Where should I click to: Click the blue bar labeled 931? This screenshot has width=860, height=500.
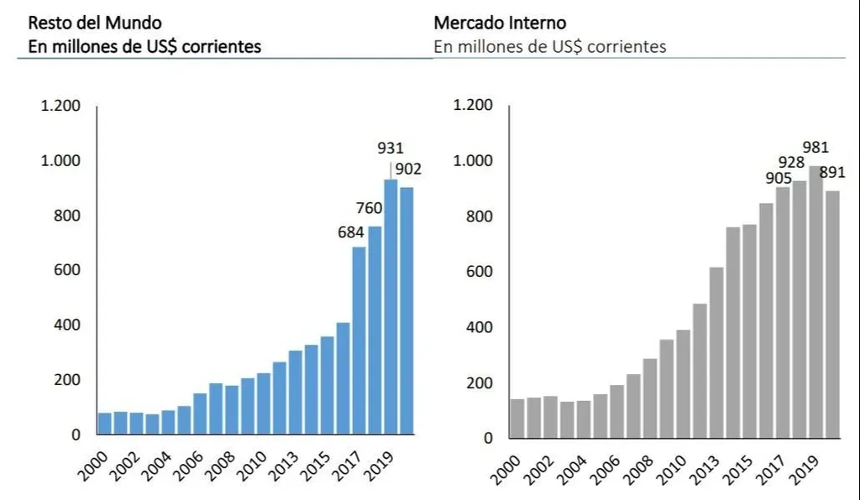click(x=391, y=307)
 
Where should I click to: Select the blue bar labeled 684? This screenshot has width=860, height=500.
click(x=359, y=341)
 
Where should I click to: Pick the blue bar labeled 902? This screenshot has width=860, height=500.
click(x=406, y=310)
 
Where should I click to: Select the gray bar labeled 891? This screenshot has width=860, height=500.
click(x=831, y=315)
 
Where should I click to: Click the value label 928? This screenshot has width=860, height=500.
click(x=791, y=163)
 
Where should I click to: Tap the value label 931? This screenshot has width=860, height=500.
click(x=391, y=148)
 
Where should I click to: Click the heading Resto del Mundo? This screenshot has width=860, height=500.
click(x=83, y=23)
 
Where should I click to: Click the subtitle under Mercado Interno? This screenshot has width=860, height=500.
click(x=549, y=46)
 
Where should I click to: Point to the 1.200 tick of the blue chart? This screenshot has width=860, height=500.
click(x=60, y=106)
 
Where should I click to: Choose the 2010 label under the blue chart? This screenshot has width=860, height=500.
click(x=249, y=462)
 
